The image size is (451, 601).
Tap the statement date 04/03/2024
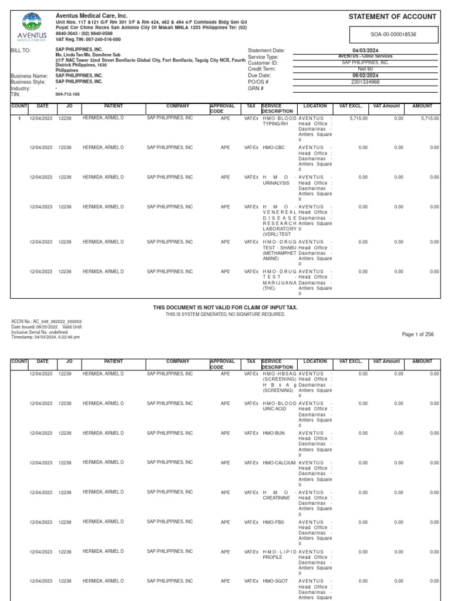coord(365,50)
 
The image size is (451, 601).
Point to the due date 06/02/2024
coord(365,76)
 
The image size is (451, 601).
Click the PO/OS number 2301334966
coord(365,82)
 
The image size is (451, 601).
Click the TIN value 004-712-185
coord(67,94)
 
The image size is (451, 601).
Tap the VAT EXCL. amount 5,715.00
coord(358,118)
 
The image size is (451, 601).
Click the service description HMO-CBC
coord(274,147)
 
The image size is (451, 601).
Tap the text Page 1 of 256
coord(418,334)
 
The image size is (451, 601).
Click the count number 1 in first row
coord(19,118)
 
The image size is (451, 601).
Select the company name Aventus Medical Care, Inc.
coord(91,16)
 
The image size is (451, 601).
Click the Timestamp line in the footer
coord(46,337)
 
